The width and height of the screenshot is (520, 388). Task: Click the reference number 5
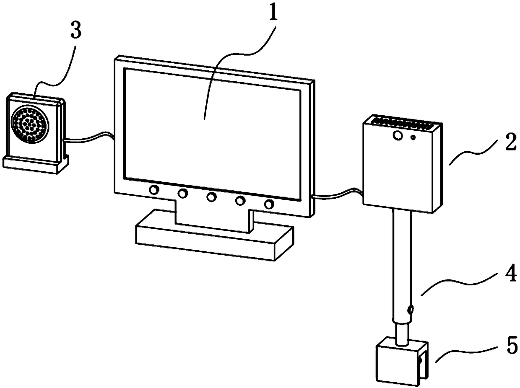[511, 347]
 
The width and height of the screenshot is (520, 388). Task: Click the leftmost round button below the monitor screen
[154, 190]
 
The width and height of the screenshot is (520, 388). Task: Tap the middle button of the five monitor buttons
[211, 197]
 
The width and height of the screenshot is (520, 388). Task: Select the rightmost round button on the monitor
[269, 204]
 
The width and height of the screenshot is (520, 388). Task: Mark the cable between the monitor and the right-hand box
[338, 195]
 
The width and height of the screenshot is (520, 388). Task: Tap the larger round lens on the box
[397, 135]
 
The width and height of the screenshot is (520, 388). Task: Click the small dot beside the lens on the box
[413, 137]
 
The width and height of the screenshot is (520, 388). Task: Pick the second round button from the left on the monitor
[183, 193]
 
